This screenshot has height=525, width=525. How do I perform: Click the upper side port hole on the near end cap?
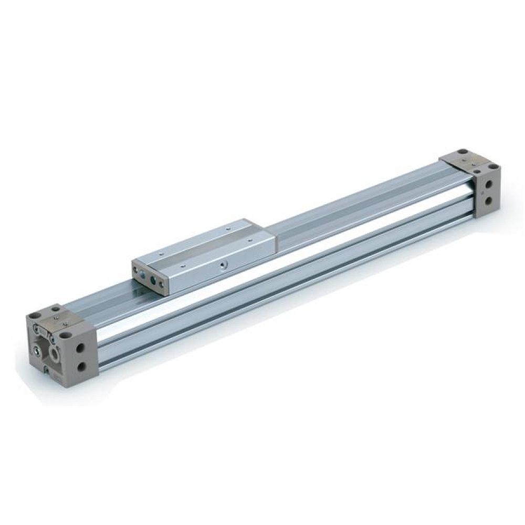click(80, 348)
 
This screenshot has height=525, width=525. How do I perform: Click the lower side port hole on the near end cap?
click(81, 366)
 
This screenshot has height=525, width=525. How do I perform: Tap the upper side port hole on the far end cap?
click(489, 184)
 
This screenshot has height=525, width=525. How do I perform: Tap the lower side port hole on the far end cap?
click(489, 201)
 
